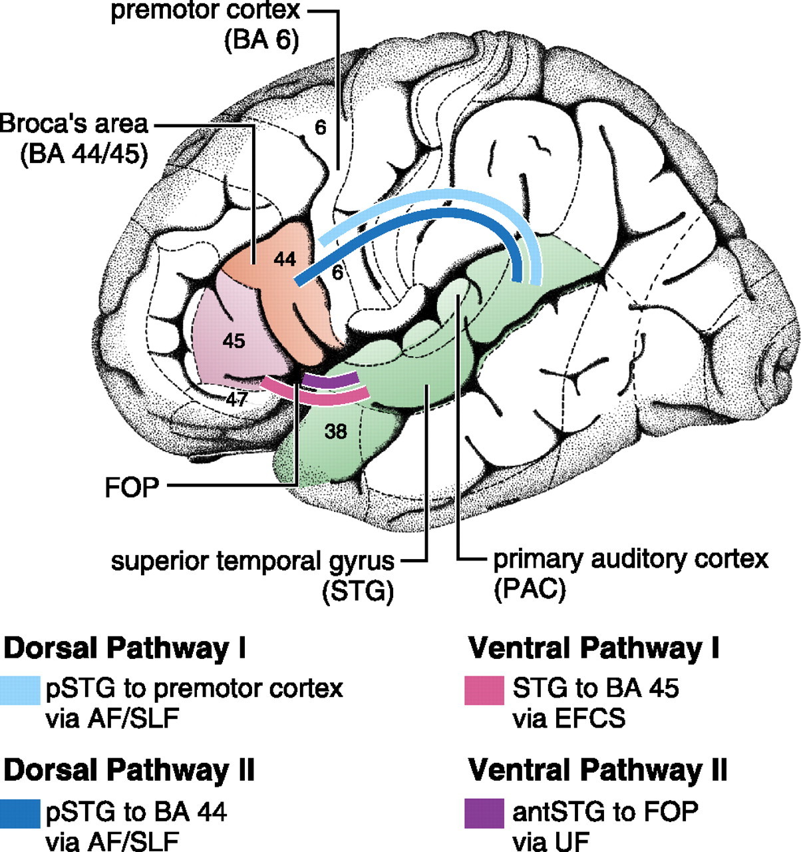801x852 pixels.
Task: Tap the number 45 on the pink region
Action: click(234, 341)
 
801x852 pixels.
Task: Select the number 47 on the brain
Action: click(237, 400)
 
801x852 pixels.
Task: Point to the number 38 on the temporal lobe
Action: click(336, 431)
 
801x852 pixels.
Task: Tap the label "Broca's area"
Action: click(75, 124)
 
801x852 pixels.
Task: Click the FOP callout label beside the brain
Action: click(132, 487)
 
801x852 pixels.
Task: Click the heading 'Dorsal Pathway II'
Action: click(130, 770)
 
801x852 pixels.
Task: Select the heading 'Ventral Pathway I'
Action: click(594, 648)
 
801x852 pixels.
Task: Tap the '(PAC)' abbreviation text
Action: click(529, 590)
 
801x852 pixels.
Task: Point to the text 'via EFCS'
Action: click(569, 719)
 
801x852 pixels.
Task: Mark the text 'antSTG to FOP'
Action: click(605, 811)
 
